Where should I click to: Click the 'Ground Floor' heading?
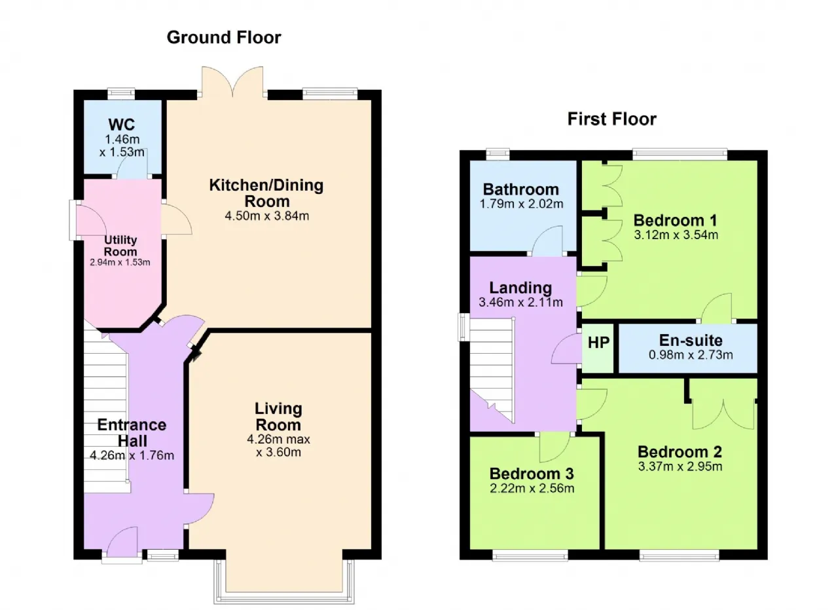(x=224, y=37)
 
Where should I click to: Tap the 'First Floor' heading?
(x=612, y=119)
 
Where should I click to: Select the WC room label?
(x=122, y=124)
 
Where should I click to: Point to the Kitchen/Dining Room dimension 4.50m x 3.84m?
(x=266, y=216)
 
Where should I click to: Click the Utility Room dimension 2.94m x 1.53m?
(x=120, y=262)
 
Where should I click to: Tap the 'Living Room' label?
(x=278, y=417)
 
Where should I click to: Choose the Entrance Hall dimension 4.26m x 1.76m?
(x=132, y=455)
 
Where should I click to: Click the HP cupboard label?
(x=598, y=342)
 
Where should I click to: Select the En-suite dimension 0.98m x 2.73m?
(x=691, y=354)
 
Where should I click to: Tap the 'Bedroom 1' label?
(x=675, y=220)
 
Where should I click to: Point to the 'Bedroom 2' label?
(x=680, y=451)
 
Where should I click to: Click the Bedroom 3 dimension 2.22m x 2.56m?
(x=532, y=488)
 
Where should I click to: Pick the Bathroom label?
(x=520, y=189)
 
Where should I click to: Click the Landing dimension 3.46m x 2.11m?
(x=520, y=302)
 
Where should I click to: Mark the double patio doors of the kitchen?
(x=232, y=83)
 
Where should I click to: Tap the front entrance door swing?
(x=122, y=541)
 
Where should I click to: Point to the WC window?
(x=121, y=93)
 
